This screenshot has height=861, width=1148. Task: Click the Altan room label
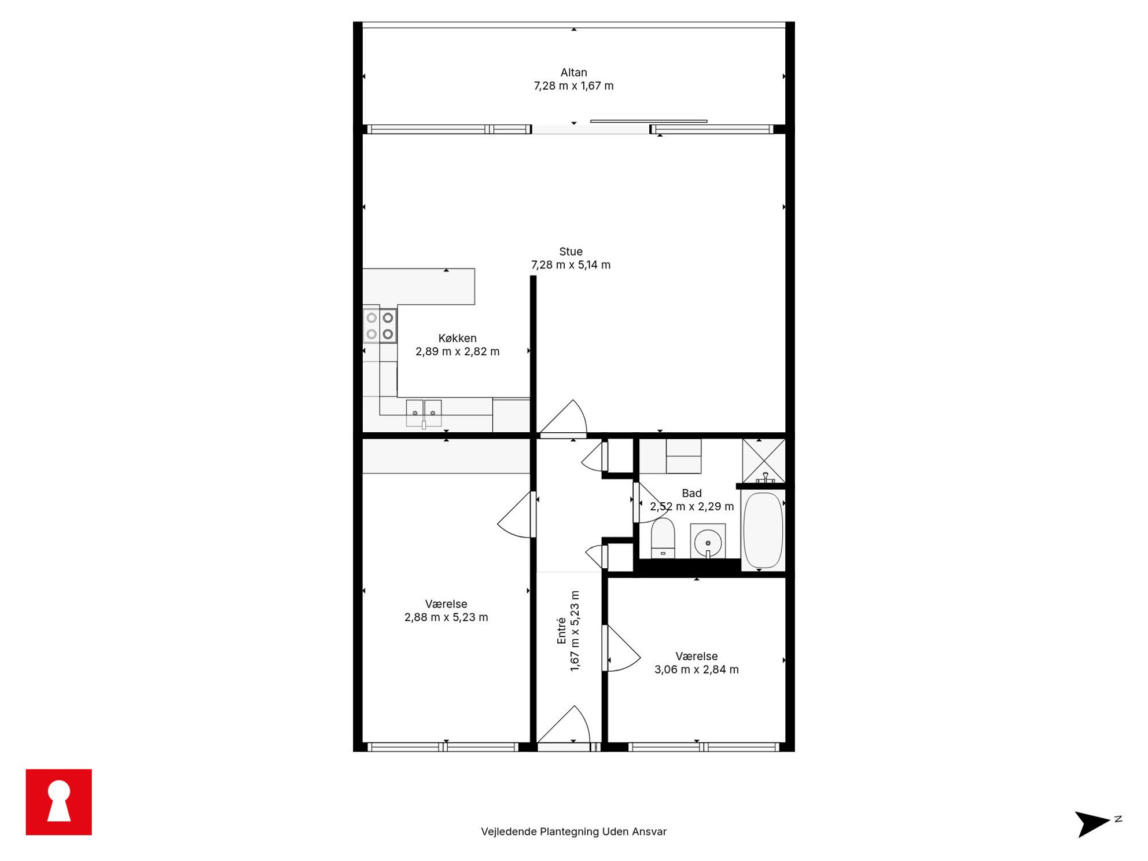pos(573,72)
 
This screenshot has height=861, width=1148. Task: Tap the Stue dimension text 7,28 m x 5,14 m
pos(571,265)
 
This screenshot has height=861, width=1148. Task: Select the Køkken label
pos(457,338)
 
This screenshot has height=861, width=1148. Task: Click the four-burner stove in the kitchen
pos(380,326)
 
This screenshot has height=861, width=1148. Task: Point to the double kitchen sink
pos(424,414)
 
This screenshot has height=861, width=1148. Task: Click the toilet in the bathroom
pos(663,538)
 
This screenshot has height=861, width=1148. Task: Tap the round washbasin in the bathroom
pos(708,542)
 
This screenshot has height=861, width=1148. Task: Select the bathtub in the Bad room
pos(763,530)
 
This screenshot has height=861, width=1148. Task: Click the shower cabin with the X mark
pos(764,461)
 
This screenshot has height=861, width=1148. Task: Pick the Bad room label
pos(691,493)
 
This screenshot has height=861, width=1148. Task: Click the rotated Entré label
pos(561,631)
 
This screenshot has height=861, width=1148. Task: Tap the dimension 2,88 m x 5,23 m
pos(446,617)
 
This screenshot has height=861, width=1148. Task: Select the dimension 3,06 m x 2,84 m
pos(697,669)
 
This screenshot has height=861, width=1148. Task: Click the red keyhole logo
pos(58,802)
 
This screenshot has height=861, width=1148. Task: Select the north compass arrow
pos(1092,823)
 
